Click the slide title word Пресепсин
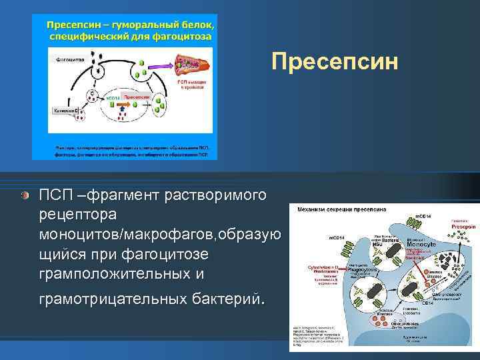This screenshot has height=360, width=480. pyautogui.click(x=335, y=62)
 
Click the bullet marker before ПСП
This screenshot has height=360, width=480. pyautogui.click(x=24, y=195)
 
